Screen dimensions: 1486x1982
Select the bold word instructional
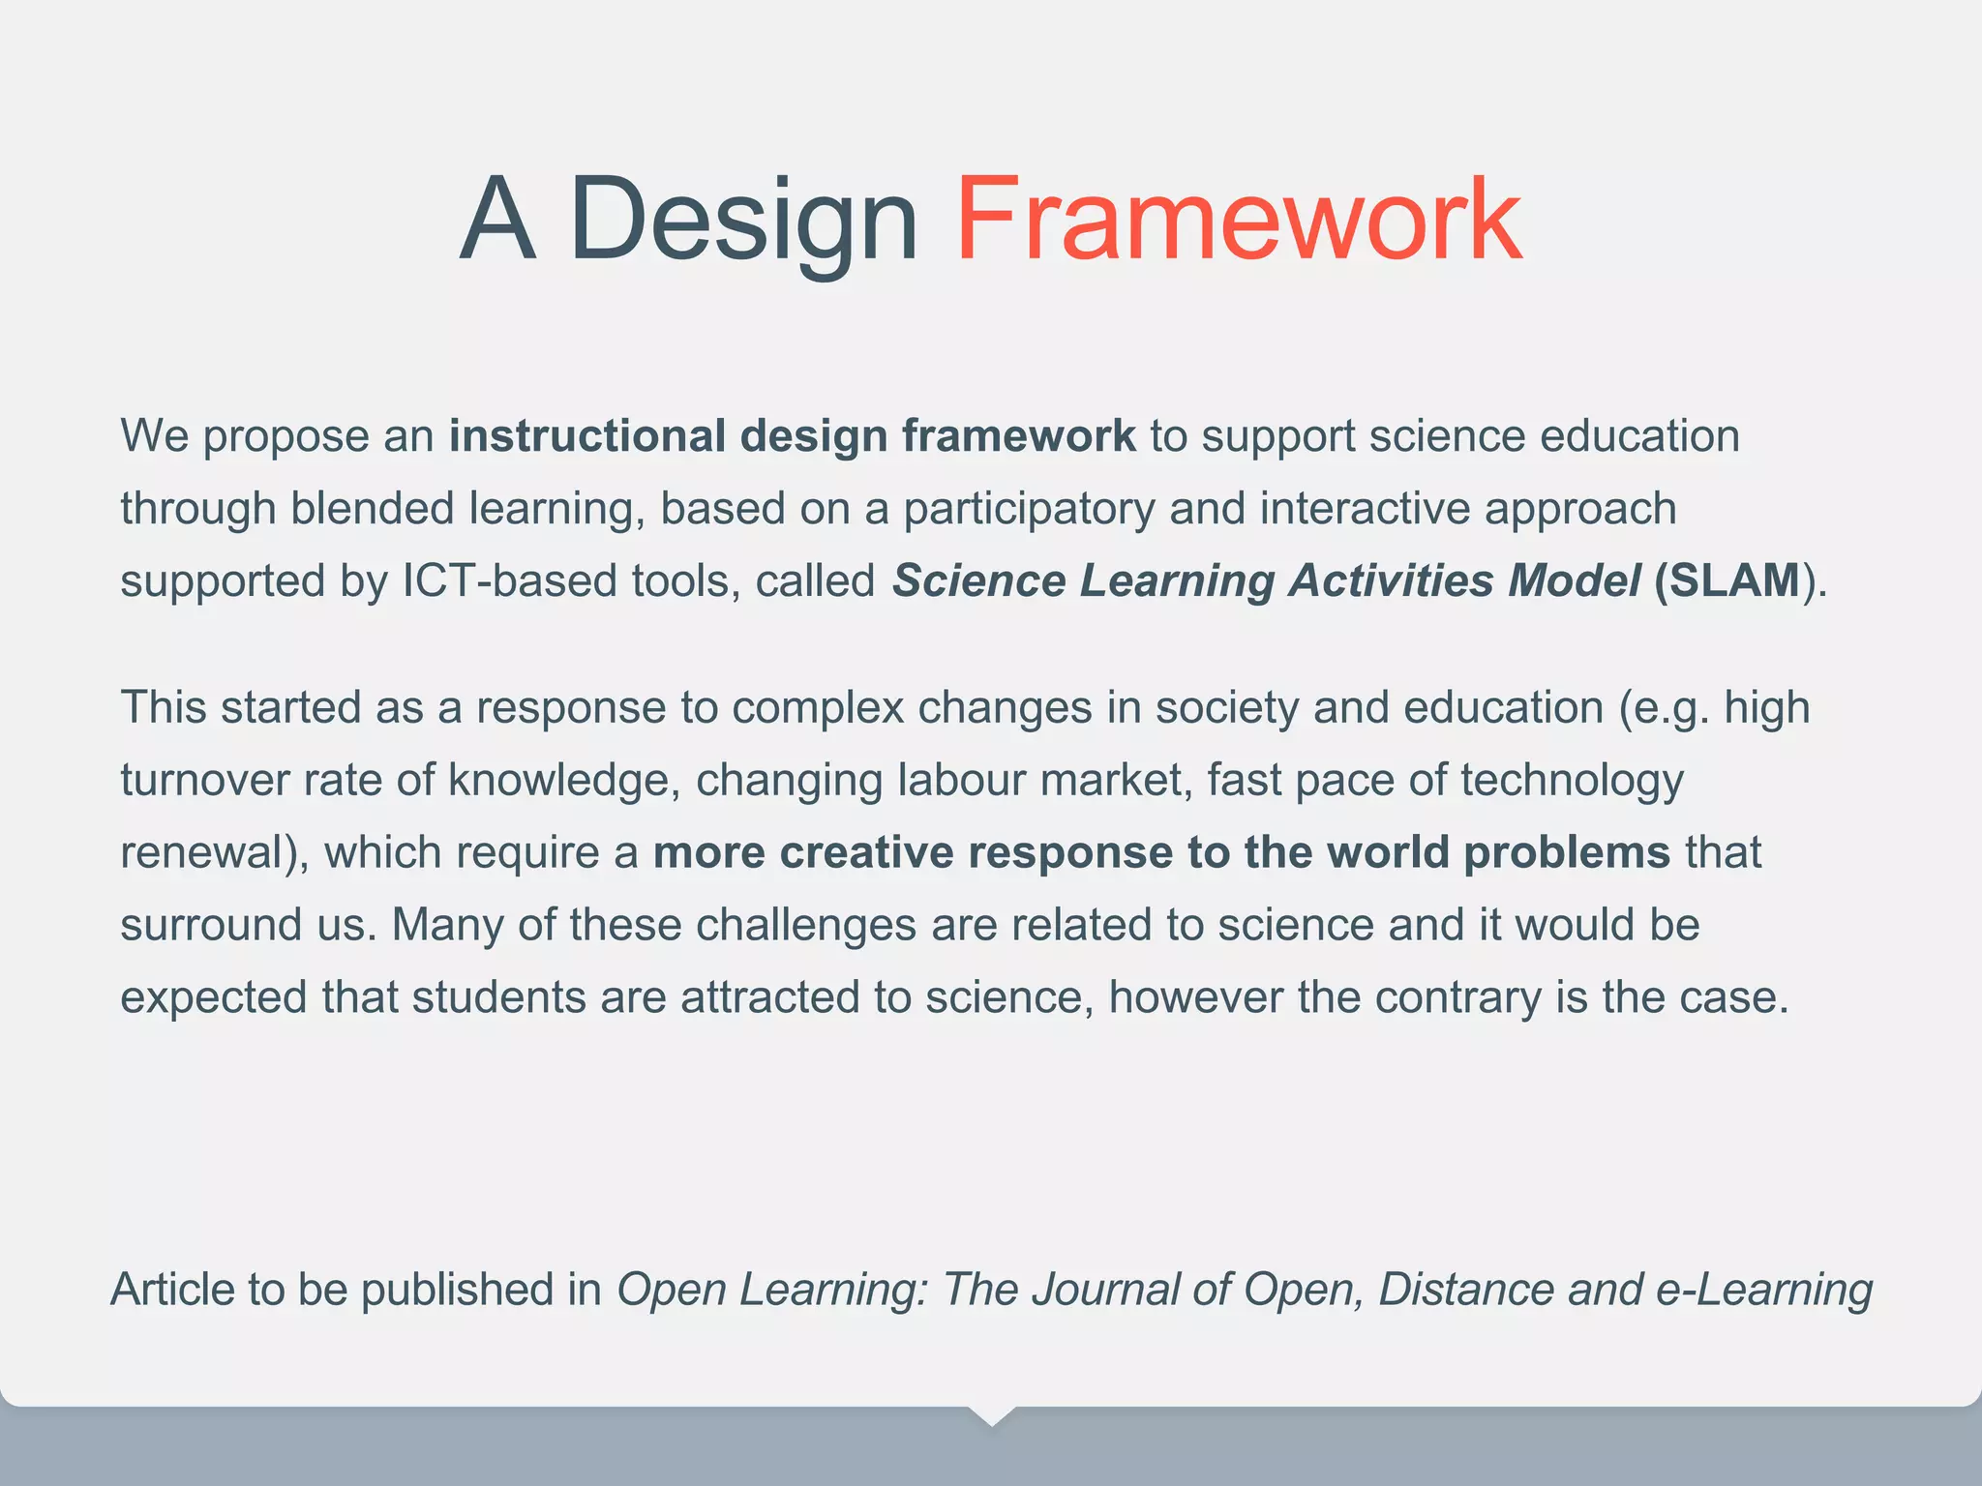pyautogui.click(x=586, y=436)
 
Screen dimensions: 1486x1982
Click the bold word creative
pyautogui.click(x=865, y=853)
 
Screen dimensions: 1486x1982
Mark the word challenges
pyautogui.click(x=805, y=926)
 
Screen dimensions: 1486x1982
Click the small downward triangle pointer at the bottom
pyautogui.click(x=991, y=1415)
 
